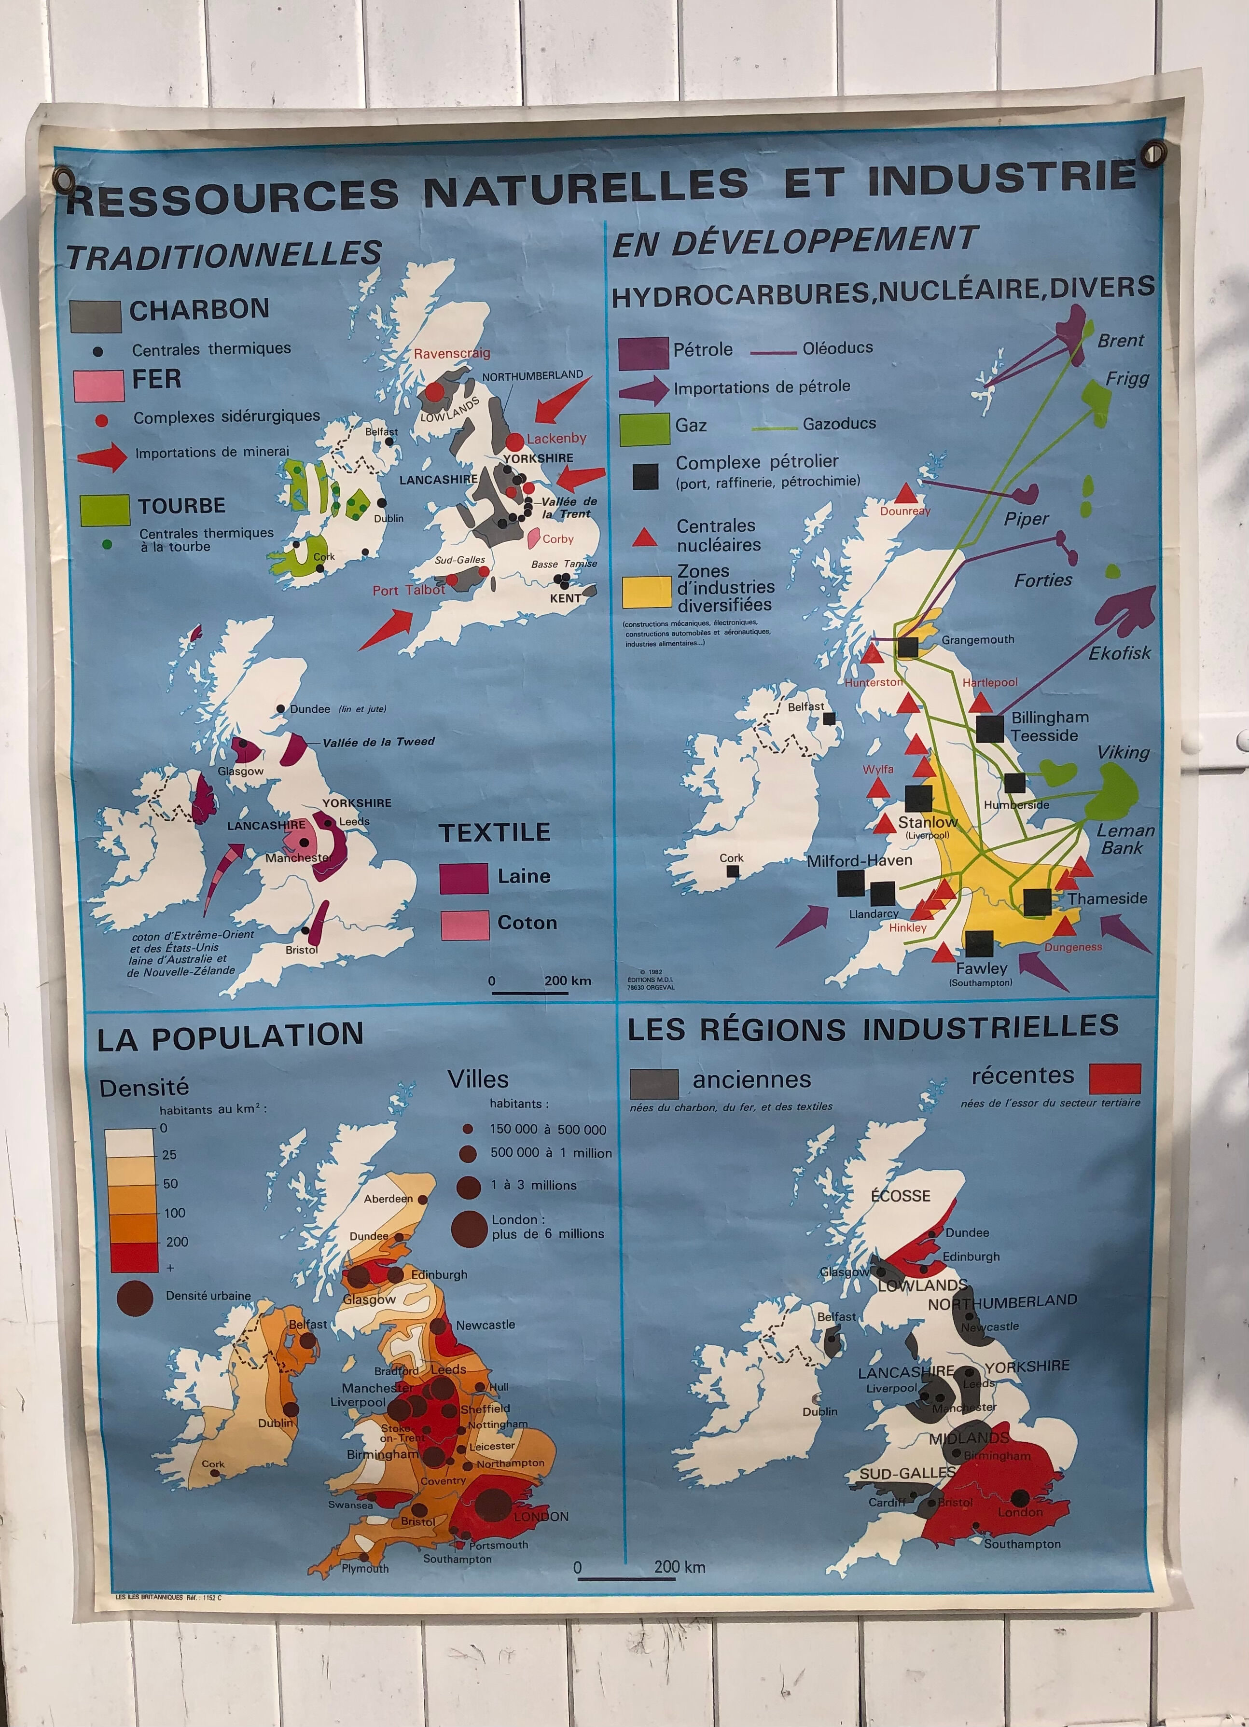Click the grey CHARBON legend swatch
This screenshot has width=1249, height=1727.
click(x=95, y=316)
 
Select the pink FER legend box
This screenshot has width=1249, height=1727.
click(x=99, y=385)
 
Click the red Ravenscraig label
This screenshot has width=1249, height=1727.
click(x=452, y=353)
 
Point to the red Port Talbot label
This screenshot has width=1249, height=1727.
click(x=408, y=590)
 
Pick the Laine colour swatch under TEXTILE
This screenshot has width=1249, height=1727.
click(x=464, y=878)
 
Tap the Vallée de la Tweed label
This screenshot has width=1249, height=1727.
click(x=378, y=742)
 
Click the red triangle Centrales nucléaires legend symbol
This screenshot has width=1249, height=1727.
click(x=645, y=539)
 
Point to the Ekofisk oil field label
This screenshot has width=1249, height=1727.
click(x=1119, y=652)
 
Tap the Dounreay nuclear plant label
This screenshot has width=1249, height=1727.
click(x=905, y=511)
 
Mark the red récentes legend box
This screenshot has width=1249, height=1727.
click(x=1115, y=1078)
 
